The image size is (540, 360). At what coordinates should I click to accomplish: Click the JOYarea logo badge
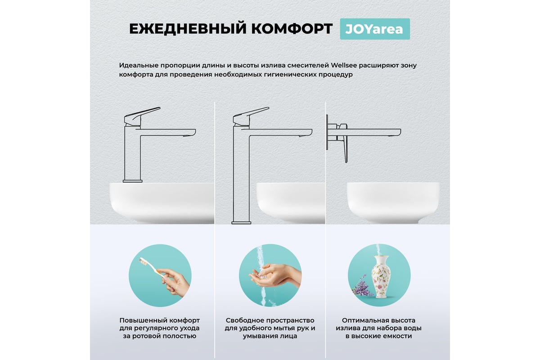pyautogui.click(x=374, y=29)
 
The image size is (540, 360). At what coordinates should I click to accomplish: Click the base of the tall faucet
pyautogui.click(x=241, y=221)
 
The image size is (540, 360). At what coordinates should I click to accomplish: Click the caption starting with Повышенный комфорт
pyautogui.click(x=160, y=328)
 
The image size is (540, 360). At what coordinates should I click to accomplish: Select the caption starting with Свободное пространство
pyautogui.click(x=270, y=328)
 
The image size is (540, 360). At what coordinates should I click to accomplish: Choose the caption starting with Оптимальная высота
pyautogui.click(x=378, y=328)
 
